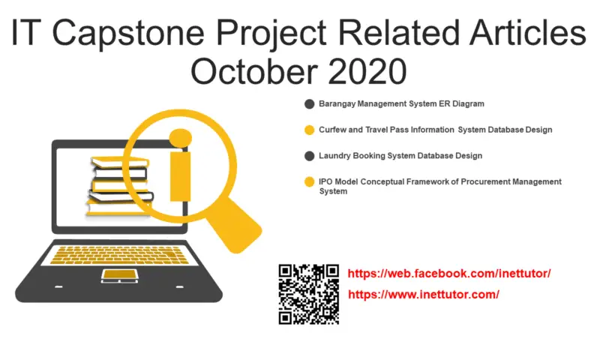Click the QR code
coord(309,294)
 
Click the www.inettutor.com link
coord(424,295)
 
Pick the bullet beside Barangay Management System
coord(309,104)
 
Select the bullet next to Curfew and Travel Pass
coord(309,130)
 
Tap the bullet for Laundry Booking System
coord(309,156)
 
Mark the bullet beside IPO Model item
coord(309,182)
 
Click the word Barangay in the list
coord(337,104)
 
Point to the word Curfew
coord(332,130)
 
